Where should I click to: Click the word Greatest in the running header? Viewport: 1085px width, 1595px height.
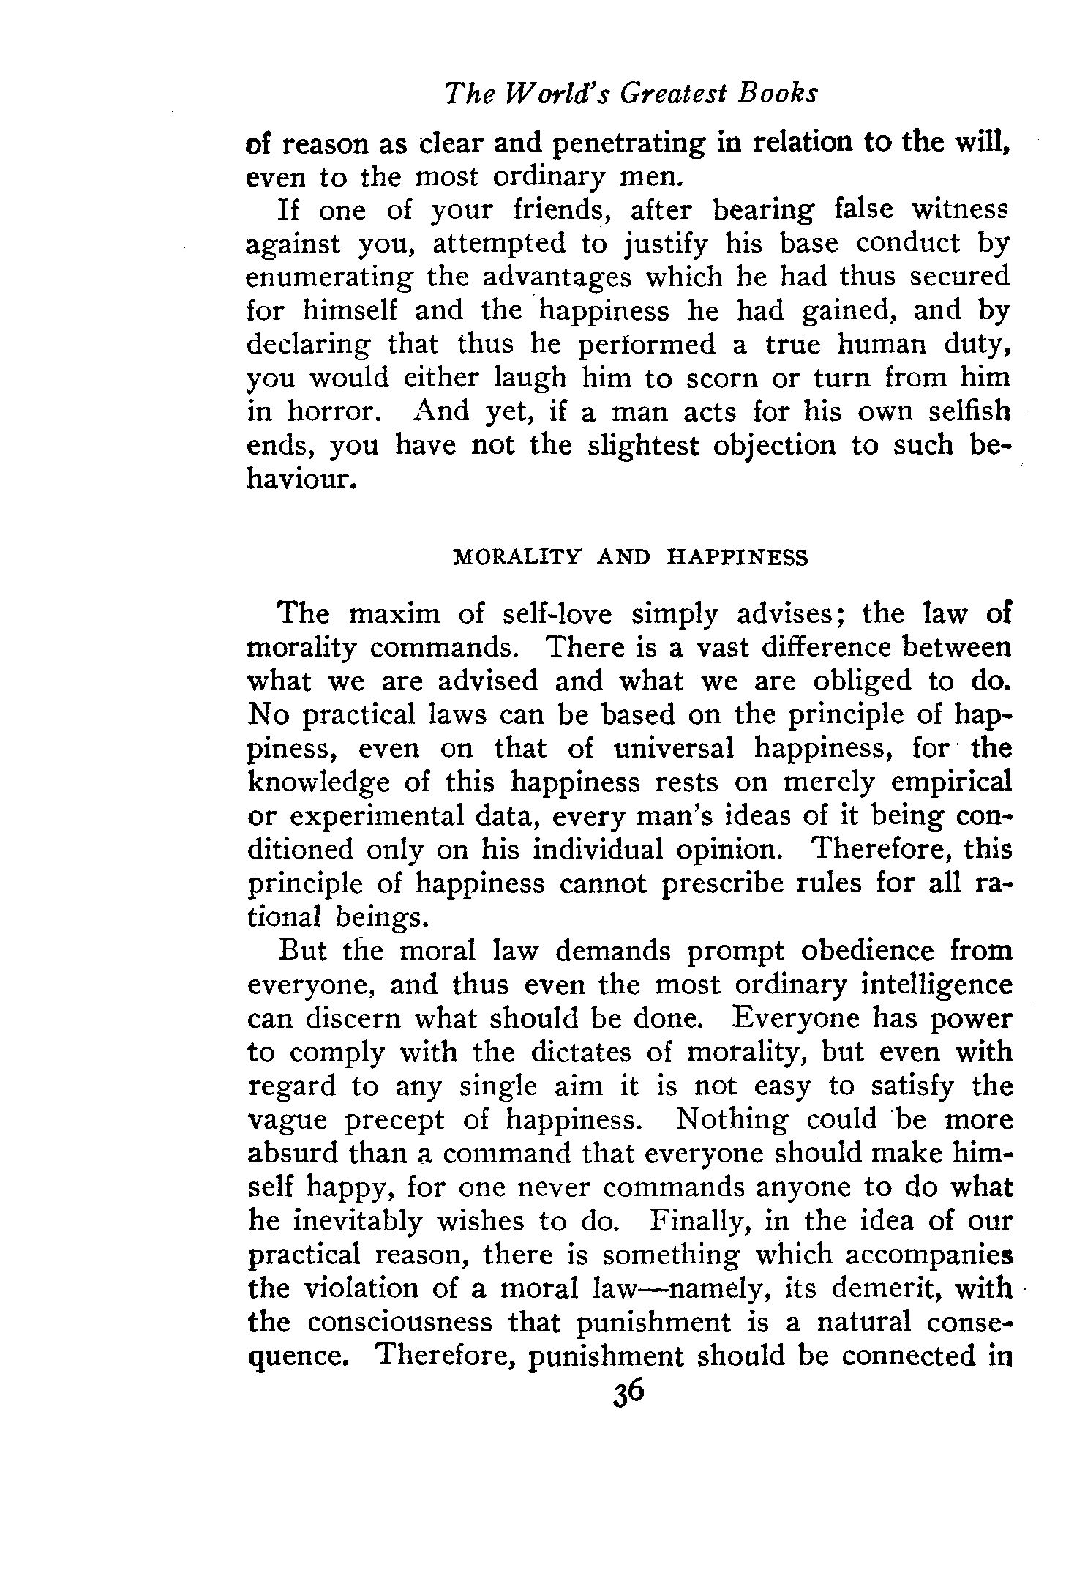(669, 94)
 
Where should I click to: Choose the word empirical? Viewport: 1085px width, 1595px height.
(957, 783)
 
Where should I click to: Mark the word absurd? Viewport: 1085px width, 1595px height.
(290, 1154)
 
